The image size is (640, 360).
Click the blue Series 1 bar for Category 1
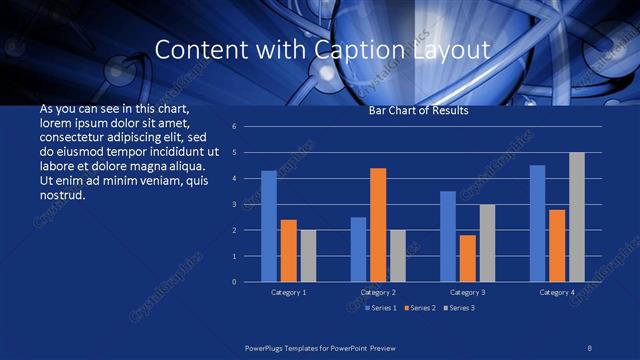[x=269, y=226]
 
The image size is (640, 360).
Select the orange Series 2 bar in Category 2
[x=378, y=225]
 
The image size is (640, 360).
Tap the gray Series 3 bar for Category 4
[x=577, y=217]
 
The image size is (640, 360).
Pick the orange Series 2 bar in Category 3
[x=467, y=258]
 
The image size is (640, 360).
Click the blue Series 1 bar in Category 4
[x=537, y=223]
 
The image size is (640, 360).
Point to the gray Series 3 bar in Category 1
[x=308, y=256]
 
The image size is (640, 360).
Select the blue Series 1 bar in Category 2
[x=358, y=249]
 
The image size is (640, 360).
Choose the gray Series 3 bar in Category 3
[x=487, y=243]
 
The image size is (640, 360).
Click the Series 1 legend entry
[x=381, y=307]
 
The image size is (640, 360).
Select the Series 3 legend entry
[x=459, y=307]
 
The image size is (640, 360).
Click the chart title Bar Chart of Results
[x=419, y=111]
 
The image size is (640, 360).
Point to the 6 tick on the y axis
[x=233, y=127]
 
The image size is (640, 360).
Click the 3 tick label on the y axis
[x=233, y=205]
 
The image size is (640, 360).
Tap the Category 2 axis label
[x=378, y=292]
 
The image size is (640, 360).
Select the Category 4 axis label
[x=557, y=292]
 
